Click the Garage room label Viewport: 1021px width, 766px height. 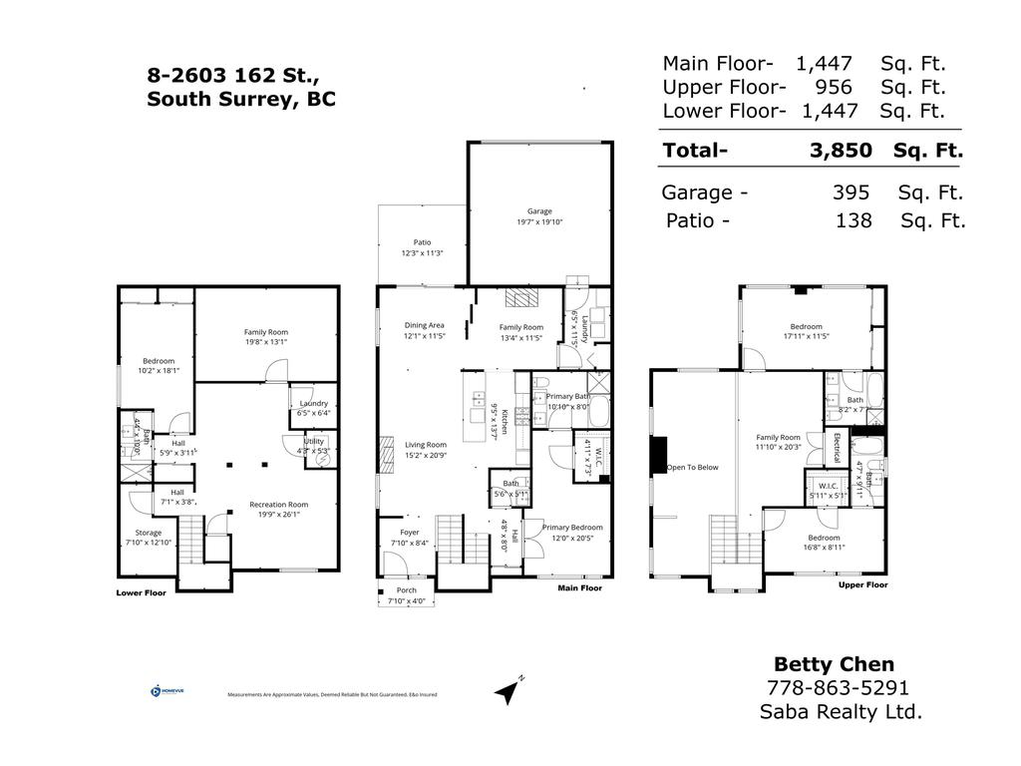(x=539, y=211)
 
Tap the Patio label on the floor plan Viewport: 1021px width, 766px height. (x=422, y=242)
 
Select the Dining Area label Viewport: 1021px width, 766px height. (x=424, y=326)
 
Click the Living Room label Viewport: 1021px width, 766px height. (x=425, y=445)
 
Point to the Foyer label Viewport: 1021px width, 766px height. (x=410, y=533)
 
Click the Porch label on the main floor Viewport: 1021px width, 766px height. (x=407, y=590)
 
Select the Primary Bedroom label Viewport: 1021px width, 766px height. (x=572, y=528)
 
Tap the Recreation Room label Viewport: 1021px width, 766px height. (x=278, y=505)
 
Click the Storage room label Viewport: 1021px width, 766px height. (x=149, y=533)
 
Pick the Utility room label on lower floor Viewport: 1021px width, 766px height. (x=314, y=441)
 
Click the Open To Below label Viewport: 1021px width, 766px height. (x=692, y=467)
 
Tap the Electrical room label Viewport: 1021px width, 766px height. (x=836, y=448)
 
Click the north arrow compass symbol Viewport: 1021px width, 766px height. (x=509, y=689)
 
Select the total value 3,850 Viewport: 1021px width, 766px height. (x=841, y=151)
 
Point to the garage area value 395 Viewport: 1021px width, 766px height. (x=851, y=192)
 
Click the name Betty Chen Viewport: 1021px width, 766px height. (x=835, y=664)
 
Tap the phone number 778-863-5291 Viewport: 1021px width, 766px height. (x=838, y=688)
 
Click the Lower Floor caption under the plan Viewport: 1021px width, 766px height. (x=142, y=591)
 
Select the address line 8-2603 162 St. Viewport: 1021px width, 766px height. (x=233, y=75)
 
